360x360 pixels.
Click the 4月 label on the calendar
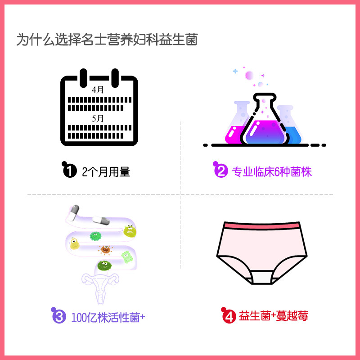pyautogui.click(x=98, y=90)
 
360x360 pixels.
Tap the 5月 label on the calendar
pyautogui.click(x=98, y=119)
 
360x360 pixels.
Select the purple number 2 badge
pyautogui.click(x=220, y=171)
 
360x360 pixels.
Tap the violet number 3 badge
pyautogui.click(x=59, y=316)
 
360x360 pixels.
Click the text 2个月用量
pyautogui.click(x=106, y=171)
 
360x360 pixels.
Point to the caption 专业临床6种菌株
pyautogui.click(x=271, y=171)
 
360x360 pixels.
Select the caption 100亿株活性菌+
pyautogui.click(x=108, y=317)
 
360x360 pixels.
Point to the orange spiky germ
pyautogui.click(x=106, y=249)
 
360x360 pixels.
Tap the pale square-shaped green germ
pyautogui.click(x=127, y=257)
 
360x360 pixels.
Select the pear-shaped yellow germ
pyautogui.click(x=75, y=243)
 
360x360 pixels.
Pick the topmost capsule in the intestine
pyautogui.click(x=75, y=211)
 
